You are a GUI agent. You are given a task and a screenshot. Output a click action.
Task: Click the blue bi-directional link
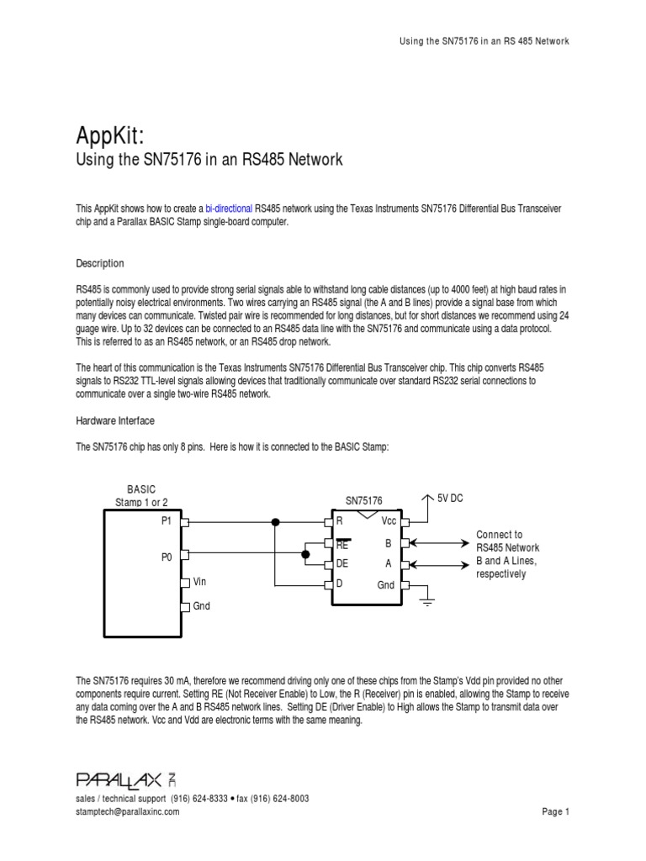[x=228, y=208]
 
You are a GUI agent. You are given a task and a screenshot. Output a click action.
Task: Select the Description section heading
[x=100, y=263]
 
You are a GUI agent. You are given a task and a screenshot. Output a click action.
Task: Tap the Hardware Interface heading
[x=115, y=420]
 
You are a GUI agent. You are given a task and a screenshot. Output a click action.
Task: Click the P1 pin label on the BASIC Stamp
[x=167, y=521]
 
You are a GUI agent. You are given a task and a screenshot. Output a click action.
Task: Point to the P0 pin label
[x=167, y=555]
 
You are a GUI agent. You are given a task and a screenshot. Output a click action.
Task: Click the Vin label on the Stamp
[x=200, y=581]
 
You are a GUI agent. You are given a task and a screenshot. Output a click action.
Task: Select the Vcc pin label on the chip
[x=389, y=521]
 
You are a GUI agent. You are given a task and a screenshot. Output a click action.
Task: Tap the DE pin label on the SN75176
[x=342, y=564]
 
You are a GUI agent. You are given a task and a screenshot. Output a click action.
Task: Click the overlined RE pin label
[x=342, y=543]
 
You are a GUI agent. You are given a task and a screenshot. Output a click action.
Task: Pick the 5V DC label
[x=450, y=499]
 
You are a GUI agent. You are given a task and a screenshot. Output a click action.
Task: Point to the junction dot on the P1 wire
[x=275, y=522]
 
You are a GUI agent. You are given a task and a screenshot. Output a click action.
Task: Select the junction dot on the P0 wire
[x=305, y=554]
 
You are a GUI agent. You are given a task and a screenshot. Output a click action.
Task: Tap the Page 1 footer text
[x=556, y=811]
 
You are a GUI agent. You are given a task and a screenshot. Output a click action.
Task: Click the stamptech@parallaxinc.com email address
[x=127, y=811]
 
